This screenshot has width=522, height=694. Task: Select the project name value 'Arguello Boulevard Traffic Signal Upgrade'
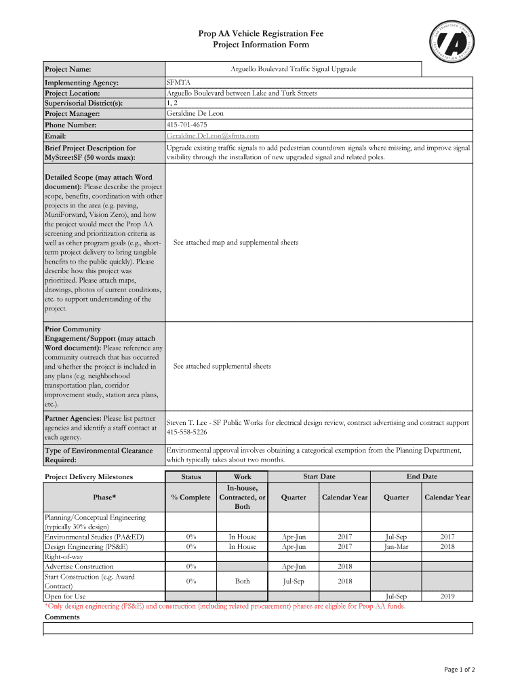click(294, 69)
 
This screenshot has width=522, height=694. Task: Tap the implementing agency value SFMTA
click(178, 82)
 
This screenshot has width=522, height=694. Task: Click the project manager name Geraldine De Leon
click(195, 114)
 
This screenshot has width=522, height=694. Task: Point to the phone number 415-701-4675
click(186, 125)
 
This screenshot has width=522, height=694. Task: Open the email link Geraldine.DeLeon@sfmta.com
click(213, 136)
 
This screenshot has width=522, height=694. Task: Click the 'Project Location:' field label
click(73, 93)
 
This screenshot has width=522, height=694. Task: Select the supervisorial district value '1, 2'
click(174, 103)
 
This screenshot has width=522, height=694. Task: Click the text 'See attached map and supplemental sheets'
click(236, 242)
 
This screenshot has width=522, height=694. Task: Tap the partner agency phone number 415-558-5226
click(187, 432)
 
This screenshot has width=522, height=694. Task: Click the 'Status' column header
click(191, 477)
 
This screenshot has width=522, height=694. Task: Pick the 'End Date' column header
click(422, 476)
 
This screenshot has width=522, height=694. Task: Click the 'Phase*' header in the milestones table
click(104, 497)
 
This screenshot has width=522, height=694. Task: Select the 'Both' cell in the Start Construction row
click(242, 581)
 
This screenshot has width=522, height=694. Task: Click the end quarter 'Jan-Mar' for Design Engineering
click(396, 546)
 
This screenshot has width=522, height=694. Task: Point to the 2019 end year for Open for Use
click(447, 596)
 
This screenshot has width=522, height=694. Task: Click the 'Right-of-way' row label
click(65, 556)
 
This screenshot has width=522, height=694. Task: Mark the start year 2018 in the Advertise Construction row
click(344, 567)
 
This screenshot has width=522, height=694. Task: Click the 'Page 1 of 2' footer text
click(459, 670)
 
